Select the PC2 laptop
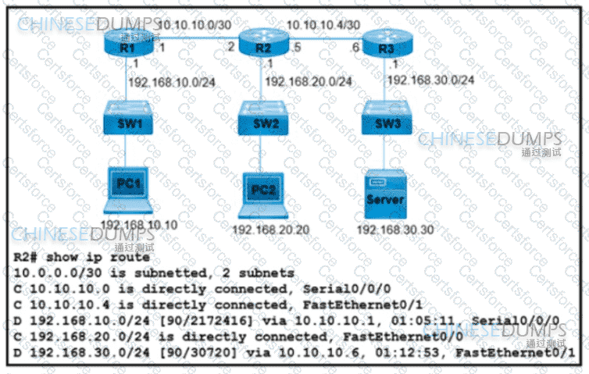click(261, 192)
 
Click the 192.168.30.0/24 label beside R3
click(430, 79)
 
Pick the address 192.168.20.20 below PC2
click(270, 229)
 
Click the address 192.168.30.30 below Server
click(394, 230)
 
